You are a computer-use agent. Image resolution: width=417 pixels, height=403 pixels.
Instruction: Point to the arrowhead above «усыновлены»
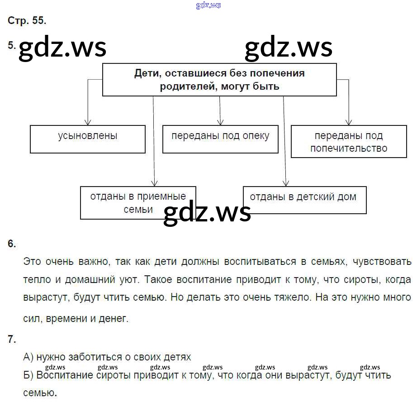[x=88, y=122]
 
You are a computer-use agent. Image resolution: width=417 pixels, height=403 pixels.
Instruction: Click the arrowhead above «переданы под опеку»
[x=220, y=122]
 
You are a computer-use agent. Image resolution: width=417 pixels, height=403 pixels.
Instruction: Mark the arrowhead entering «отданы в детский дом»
[x=286, y=183]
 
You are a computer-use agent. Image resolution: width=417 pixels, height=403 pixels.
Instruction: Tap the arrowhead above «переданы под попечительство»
[x=349, y=122]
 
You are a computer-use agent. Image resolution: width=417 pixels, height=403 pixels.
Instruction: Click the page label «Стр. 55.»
[x=27, y=20]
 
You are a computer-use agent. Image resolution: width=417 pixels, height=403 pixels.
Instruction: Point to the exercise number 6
[x=12, y=244]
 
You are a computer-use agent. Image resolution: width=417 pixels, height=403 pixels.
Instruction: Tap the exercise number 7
[x=12, y=339]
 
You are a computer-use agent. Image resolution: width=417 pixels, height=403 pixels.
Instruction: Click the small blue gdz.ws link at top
[x=208, y=5]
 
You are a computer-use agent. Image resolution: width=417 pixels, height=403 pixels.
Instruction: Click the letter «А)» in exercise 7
[x=28, y=357]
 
